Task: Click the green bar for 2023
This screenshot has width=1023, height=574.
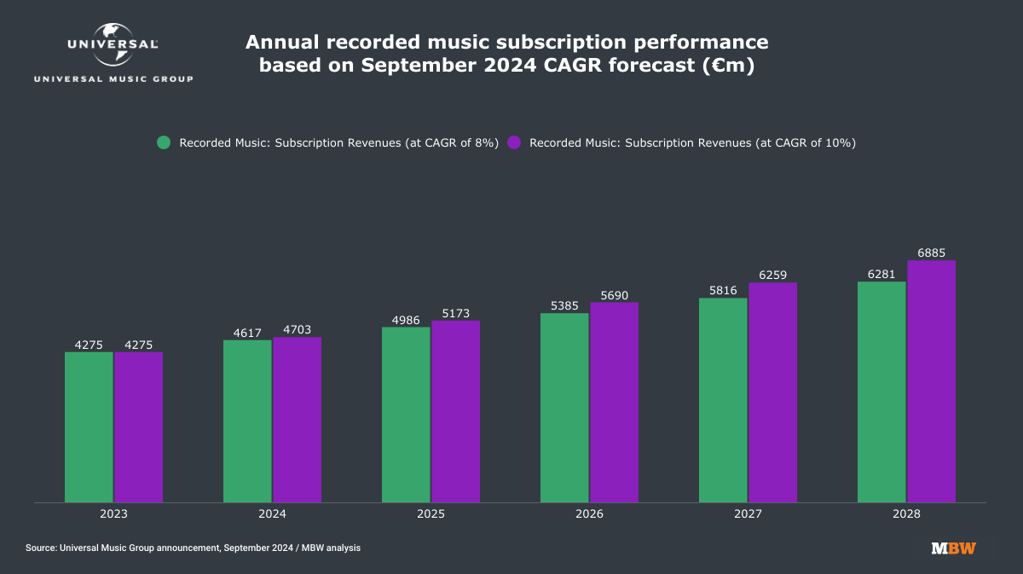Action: (x=89, y=426)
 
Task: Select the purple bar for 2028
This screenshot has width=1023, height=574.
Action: (x=931, y=381)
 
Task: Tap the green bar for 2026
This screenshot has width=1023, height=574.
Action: (x=564, y=408)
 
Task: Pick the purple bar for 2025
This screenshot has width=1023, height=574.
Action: (x=455, y=411)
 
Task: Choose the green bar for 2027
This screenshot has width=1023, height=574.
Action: (x=723, y=400)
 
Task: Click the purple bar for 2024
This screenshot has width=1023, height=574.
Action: (x=297, y=420)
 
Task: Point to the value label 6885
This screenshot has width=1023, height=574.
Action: (x=931, y=253)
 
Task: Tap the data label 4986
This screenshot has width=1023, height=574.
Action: (x=406, y=320)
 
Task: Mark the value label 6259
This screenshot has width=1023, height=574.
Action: (x=772, y=275)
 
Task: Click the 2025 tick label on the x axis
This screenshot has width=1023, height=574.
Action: (x=431, y=514)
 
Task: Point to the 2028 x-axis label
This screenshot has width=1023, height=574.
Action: (x=906, y=514)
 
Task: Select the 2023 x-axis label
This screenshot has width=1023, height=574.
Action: (x=113, y=514)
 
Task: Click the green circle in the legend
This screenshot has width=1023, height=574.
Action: (x=165, y=142)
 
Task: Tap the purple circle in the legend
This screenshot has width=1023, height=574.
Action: (x=514, y=142)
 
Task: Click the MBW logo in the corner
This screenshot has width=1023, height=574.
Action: (x=954, y=548)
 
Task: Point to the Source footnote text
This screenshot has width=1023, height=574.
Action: (x=193, y=548)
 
